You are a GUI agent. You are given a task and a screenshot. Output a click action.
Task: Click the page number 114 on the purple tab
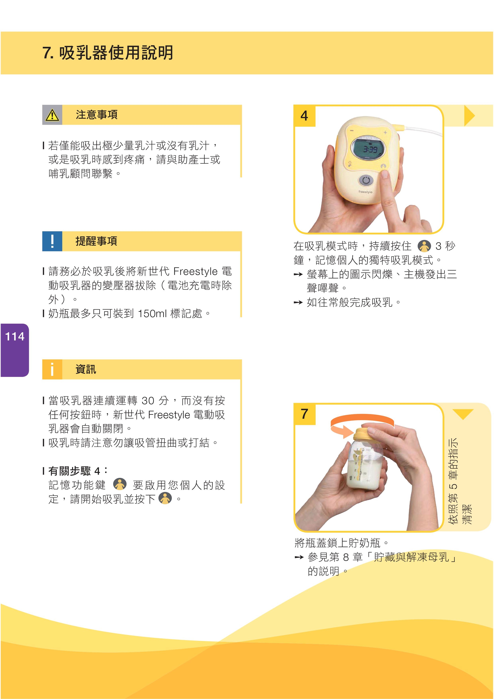(15, 336)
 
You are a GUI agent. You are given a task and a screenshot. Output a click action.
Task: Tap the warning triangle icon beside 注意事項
(52, 115)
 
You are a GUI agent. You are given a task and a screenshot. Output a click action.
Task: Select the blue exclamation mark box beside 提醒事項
(52, 241)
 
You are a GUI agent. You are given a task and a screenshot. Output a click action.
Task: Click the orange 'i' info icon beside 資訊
(52, 369)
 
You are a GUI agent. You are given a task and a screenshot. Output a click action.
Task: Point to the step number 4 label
(304, 116)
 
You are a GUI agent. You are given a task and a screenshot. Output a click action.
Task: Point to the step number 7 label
(304, 414)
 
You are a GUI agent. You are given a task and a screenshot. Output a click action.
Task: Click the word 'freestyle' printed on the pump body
(365, 192)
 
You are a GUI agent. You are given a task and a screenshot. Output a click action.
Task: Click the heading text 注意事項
(97, 115)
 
